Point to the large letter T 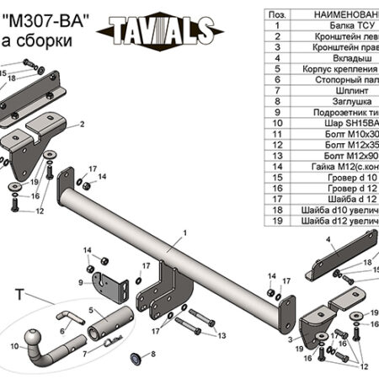tap(19, 292)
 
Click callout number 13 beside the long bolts tap(222, 335)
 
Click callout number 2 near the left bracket tap(83, 125)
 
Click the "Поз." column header tap(275, 14)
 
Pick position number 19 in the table tap(275, 221)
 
